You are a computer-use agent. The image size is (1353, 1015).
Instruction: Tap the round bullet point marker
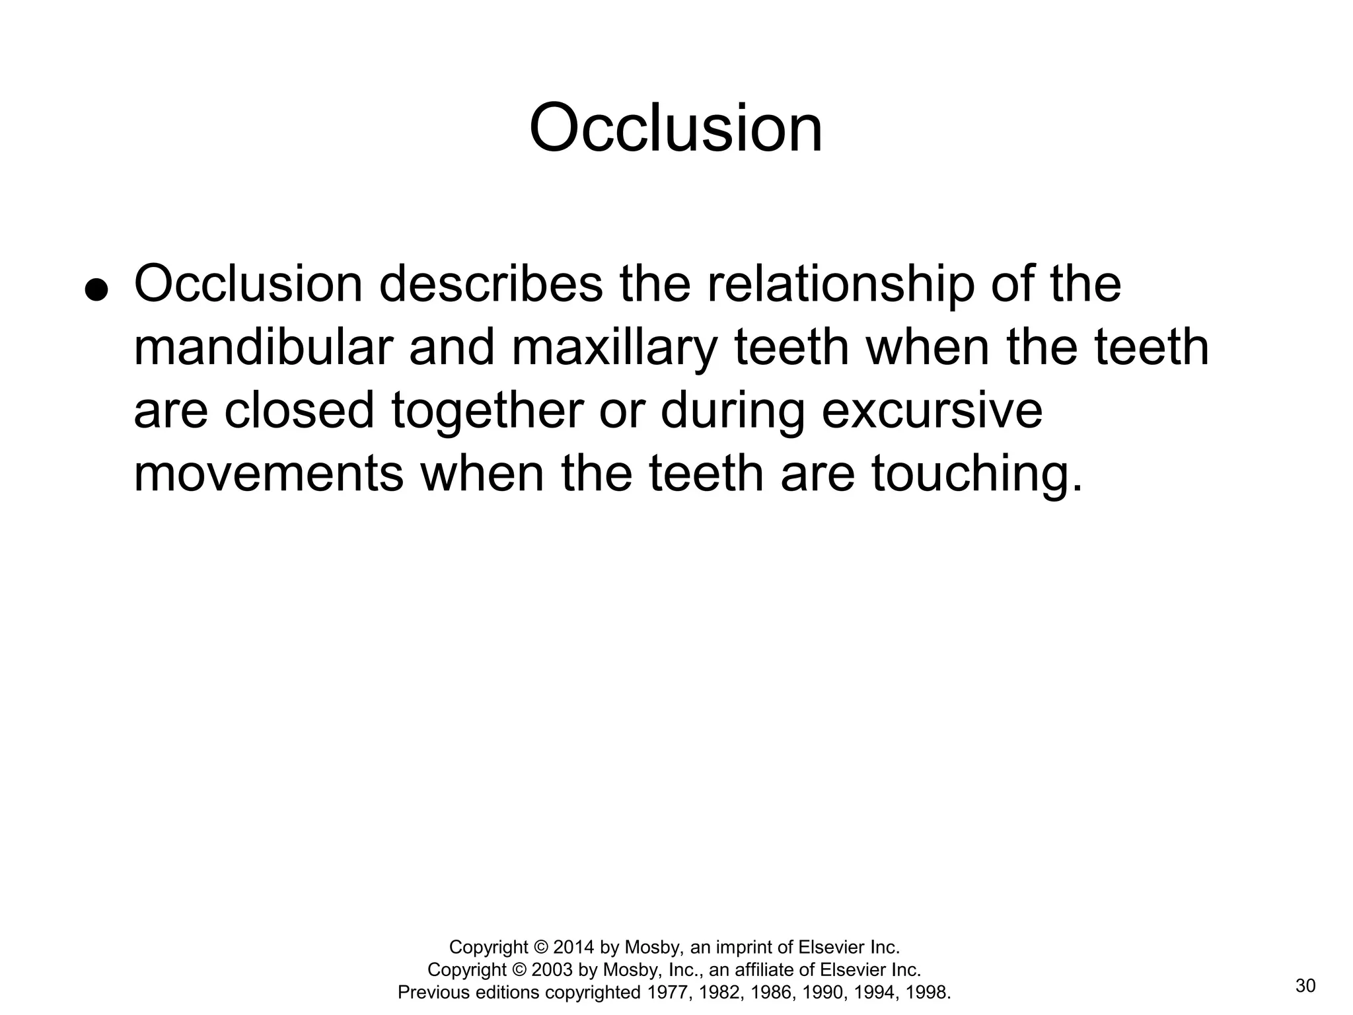(96, 290)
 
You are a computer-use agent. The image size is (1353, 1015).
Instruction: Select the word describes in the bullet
(491, 284)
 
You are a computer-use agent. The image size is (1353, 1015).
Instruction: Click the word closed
(299, 410)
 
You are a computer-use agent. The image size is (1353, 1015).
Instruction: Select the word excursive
(932, 410)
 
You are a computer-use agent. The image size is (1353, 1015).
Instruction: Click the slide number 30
(1305, 986)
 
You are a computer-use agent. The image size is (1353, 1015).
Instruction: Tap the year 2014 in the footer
(574, 948)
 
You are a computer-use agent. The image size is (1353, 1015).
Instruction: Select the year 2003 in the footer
(552, 970)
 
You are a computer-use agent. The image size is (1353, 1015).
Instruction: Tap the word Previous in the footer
(433, 993)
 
